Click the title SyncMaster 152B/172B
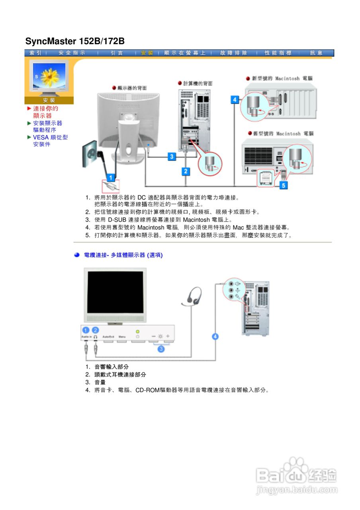coord(75,41)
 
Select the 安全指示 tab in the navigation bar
coord(72,53)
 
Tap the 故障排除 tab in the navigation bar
coord(233,53)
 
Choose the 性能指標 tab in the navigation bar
coord(278,53)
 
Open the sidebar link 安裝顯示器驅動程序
coord(47,127)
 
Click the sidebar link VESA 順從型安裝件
coord(50,141)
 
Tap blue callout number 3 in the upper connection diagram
coord(172,157)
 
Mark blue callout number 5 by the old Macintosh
coord(283,185)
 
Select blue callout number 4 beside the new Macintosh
coord(235,100)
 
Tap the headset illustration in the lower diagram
coord(193,297)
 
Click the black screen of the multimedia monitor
coord(116,293)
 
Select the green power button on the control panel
coord(137,331)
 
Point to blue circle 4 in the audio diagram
coord(215,337)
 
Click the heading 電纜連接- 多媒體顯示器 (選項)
coord(123,255)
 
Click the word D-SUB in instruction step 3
coord(117,220)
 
